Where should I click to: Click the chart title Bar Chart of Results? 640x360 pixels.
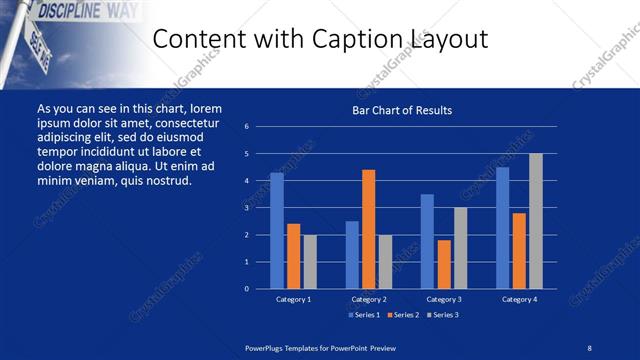pos(402,110)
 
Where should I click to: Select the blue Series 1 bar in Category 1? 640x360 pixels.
pos(277,230)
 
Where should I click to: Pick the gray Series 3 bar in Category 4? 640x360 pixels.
pos(535,220)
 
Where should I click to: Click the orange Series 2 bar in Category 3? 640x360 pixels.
pos(444,264)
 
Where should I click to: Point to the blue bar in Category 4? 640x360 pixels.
pos(502,227)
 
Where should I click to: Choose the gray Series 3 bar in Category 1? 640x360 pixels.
pos(310,261)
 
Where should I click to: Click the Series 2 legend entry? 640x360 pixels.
pos(402,315)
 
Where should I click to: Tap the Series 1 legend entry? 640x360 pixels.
pos(364,315)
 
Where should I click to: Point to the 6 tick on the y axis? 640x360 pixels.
pos(246,127)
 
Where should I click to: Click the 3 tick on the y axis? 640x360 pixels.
pos(246,208)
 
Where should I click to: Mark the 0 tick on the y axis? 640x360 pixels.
pos(246,289)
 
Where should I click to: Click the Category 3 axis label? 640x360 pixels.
pos(444,299)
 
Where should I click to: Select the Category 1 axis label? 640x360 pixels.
pos(294,299)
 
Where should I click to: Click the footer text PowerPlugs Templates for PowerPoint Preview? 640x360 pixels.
pos(321,347)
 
